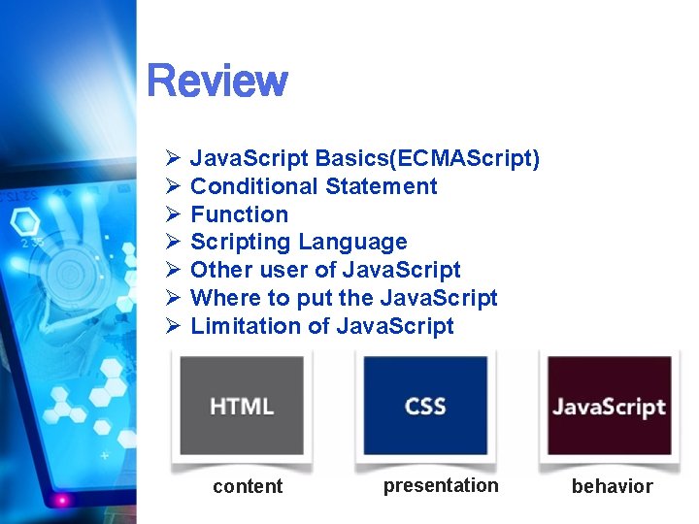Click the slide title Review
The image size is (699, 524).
coord(217,81)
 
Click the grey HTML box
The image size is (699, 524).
coord(242,405)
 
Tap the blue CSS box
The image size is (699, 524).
coord(425,405)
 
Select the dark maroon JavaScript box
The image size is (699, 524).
coord(609,405)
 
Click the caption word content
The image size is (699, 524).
coord(248,486)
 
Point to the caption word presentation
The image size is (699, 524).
coord(441,485)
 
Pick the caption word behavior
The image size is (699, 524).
coord(613,486)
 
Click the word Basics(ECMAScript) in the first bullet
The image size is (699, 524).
coord(428,158)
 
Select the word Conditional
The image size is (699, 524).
coord(254,186)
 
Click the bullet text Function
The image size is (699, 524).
coord(240,214)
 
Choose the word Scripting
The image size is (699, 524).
coord(241,242)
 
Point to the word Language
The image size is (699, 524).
coord(352,242)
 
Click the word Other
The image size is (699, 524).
coord(219,270)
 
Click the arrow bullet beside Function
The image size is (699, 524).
coord(172,214)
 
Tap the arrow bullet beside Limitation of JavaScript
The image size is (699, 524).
coord(172,326)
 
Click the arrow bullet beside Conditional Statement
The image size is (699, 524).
coord(172,186)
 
